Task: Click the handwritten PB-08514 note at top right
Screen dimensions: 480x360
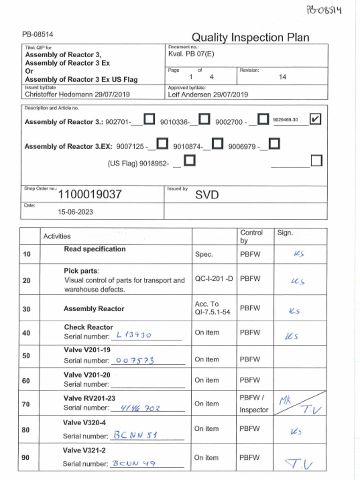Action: (x=324, y=9)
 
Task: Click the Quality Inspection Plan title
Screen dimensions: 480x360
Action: (x=250, y=37)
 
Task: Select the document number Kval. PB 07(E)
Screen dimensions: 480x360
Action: (x=191, y=54)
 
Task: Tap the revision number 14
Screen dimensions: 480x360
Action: (x=282, y=77)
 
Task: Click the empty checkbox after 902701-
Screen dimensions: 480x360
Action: (x=149, y=120)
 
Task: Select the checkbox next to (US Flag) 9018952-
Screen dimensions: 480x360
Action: (x=190, y=161)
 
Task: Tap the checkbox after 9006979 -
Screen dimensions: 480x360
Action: (x=275, y=143)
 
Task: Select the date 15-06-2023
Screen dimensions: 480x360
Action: (x=75, y=212)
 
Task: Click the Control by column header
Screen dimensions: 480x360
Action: (x=251, y=236)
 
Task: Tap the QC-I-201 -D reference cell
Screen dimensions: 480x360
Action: (x=214, y=278)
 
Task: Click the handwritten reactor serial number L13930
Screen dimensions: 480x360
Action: (x=134, y=335)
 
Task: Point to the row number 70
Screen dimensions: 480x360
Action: (x=26, y=404)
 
